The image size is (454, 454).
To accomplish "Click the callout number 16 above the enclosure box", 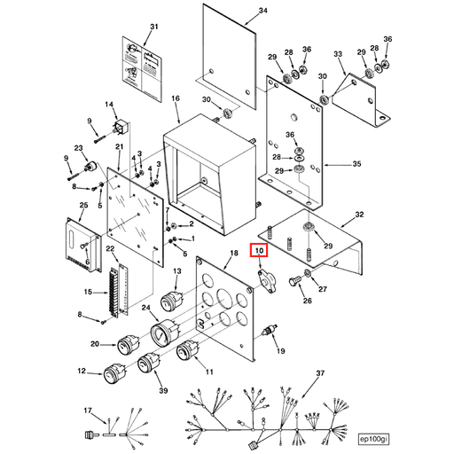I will point(175,98).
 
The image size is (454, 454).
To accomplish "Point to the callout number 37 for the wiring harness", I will point(320,373).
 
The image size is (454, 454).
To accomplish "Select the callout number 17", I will point(88,410).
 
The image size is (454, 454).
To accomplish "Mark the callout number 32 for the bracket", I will point(358,215).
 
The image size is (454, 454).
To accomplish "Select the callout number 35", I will point(356,164).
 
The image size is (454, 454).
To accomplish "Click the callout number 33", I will point(337,56).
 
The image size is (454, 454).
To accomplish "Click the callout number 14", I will point(111,106).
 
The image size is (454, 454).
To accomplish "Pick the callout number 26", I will point(309,301).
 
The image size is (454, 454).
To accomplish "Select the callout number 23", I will point(79,148).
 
